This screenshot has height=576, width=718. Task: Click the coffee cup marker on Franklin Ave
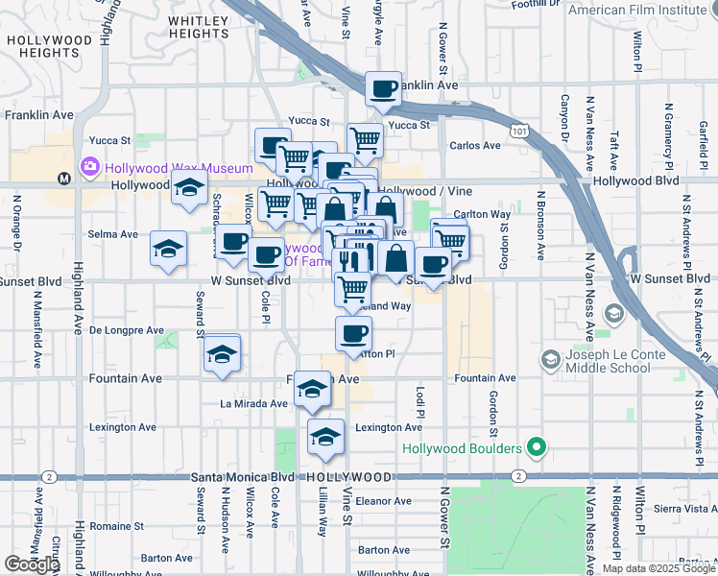(384, 89)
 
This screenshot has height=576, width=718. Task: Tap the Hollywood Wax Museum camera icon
(89, 166)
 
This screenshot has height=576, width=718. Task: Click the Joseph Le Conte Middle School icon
(550, 360)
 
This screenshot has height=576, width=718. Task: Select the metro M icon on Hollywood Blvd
(64, 178)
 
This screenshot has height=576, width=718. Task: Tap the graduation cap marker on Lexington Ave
(325, 436)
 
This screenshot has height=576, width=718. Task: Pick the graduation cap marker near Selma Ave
(168, 249)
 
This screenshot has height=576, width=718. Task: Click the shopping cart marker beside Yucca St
(366, 140)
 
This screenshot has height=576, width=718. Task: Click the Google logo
(32, 564)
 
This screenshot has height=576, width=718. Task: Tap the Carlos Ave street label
(475, 146)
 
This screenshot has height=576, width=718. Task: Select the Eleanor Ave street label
(383, 500)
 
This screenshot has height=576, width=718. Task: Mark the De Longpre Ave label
(127, 329)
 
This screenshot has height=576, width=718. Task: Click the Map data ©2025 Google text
(658, 568)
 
